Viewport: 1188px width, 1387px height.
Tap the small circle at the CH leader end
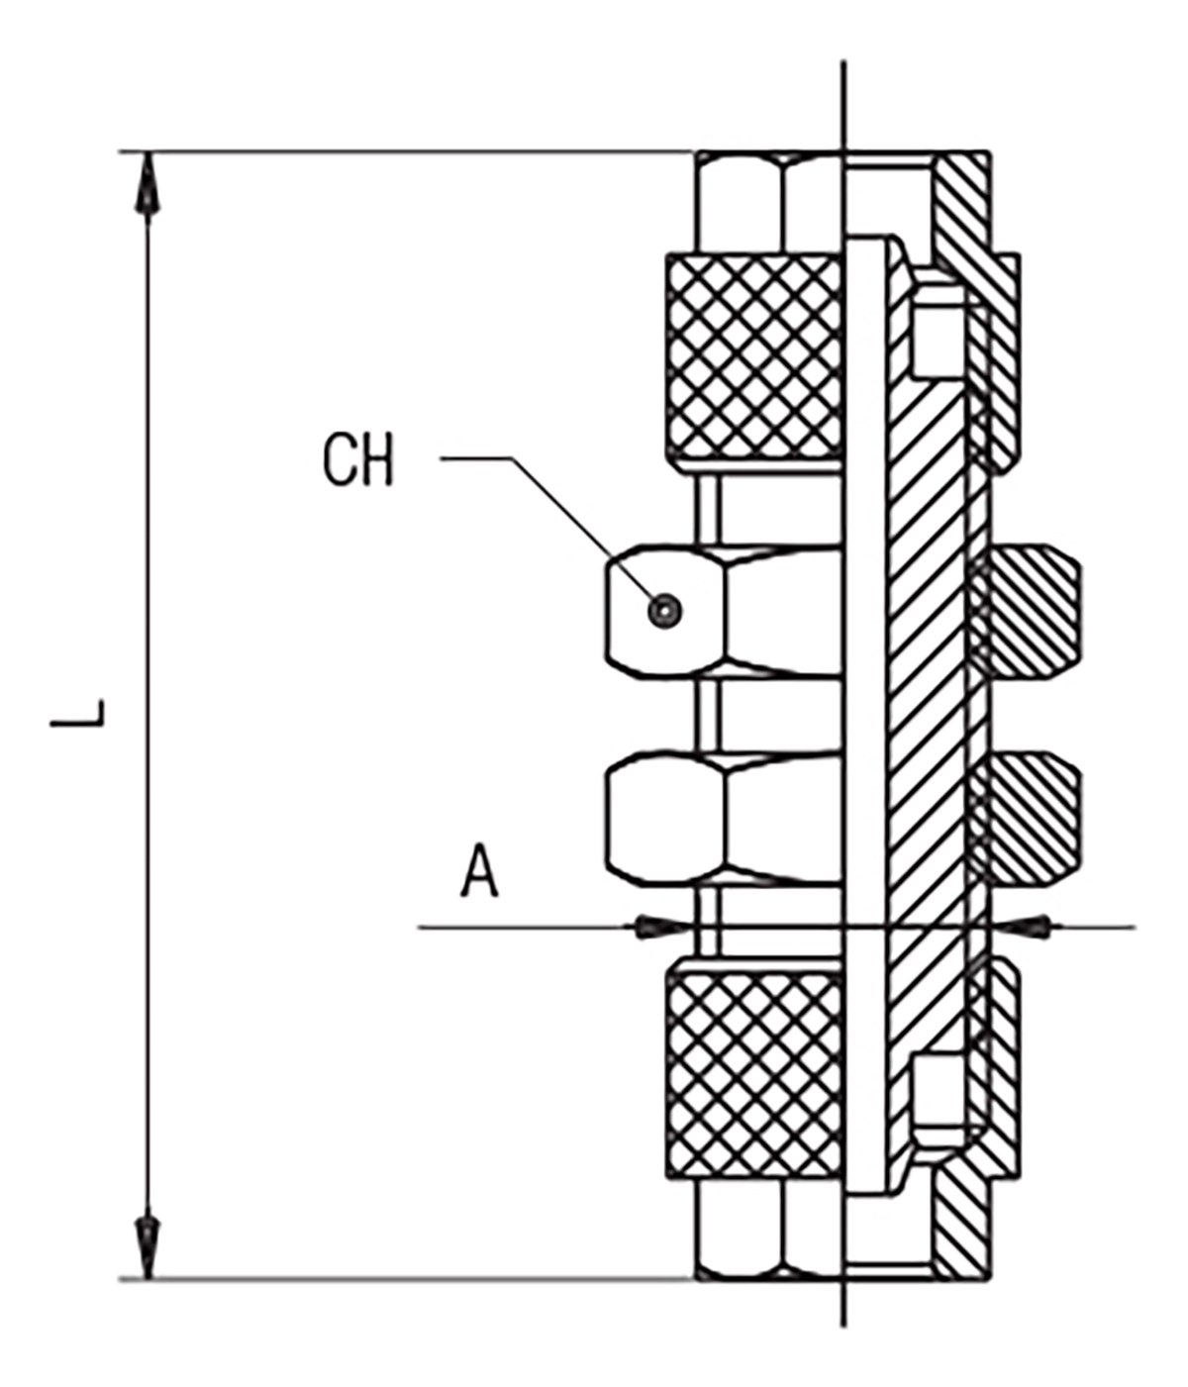click(665, 612)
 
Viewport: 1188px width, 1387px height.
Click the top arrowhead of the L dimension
click(148, 188)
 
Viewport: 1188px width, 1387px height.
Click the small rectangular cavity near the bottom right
click(935, 1097)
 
